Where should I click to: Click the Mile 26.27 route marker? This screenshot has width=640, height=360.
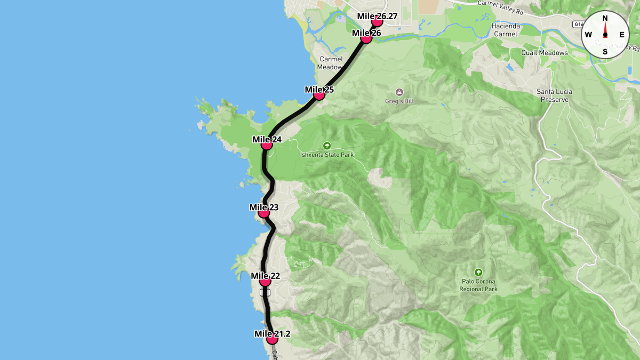pyautogui.click(x=377, y=21)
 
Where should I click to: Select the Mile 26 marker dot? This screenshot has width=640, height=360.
pyautogui.click(x=366, y=38)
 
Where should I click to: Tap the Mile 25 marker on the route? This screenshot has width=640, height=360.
pyautogui.click(x=319, y=95)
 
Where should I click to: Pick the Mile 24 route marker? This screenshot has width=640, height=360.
pyautogui.click(x=267, y=145)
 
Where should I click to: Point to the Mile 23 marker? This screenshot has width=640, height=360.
pyautogui.click(x=263, y=212)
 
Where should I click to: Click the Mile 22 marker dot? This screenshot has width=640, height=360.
pyautogui.click(x=265, y=281)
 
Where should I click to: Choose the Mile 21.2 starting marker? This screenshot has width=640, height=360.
pyautogui.click(x=272, y=339)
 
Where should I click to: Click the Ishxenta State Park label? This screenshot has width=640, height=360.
pyautogui.click(x=327, y=155)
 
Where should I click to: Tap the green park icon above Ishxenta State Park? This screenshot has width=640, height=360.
pyautogui.click(x=327, y=145)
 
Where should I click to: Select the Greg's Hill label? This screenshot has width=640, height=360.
pyautogui.click(x=399, y=101)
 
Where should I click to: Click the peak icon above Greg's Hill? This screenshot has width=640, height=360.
pyautogui.click(x=399, y=92)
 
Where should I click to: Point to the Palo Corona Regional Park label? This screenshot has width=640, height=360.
pyautogui.click(x=478, y=285)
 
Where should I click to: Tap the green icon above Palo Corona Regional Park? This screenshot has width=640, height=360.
pyautogui.click(x=478, y=272)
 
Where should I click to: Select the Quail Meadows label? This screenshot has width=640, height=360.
pyautogui.click(x=545, y=53)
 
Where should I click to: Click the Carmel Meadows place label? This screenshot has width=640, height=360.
pyautogui.click(x=331, y=63)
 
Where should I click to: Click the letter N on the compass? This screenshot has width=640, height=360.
pyautogui.click(x=605, y=18)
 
